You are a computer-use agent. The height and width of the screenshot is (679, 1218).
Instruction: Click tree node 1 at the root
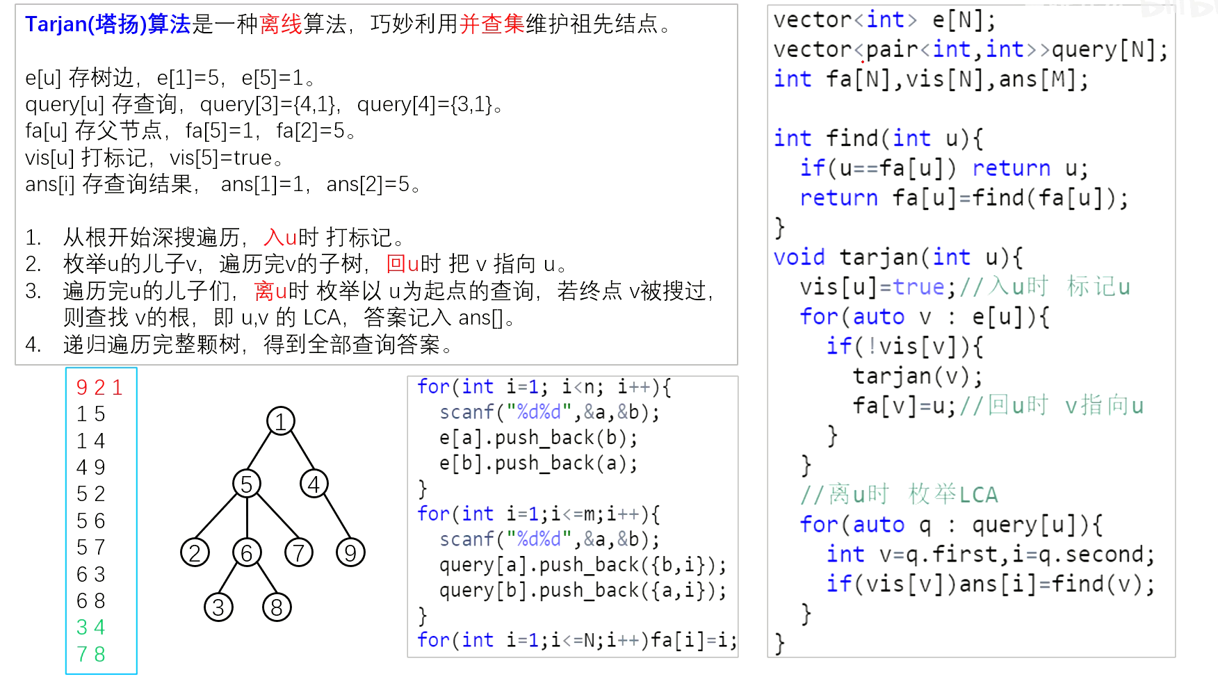pos(281,421)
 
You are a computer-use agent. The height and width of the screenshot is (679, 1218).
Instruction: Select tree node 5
pos(247,484)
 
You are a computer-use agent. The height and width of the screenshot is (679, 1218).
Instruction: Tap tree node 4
pos(314,484)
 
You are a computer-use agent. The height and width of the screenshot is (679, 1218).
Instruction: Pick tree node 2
pos(195,553)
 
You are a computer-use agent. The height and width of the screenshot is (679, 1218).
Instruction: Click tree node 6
pos(247,553)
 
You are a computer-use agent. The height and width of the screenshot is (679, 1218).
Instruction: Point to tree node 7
pos(299,553)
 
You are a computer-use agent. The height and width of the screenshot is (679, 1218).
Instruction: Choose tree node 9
pos(350,553)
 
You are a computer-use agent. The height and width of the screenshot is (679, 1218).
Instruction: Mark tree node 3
pos(218,607)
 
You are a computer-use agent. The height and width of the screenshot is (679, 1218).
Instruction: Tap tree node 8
pos(277,607)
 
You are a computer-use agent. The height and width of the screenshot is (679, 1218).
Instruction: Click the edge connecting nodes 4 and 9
pos(332,518)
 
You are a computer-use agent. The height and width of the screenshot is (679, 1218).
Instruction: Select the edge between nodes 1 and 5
pos(263,452)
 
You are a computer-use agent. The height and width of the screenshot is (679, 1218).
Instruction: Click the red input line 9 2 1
pos(99,387)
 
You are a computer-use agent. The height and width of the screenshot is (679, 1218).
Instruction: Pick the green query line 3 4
pos(90,627)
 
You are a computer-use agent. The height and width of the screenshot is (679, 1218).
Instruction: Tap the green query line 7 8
pos(90,654)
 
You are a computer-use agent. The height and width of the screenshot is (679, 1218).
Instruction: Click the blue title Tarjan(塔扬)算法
pos(108,24)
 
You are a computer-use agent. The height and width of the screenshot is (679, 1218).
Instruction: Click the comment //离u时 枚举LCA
pos(899,494)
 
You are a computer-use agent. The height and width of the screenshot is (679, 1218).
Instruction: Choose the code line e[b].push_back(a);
pos(538,463)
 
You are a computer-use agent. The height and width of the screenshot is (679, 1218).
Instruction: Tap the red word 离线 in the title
pos(281,24)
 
